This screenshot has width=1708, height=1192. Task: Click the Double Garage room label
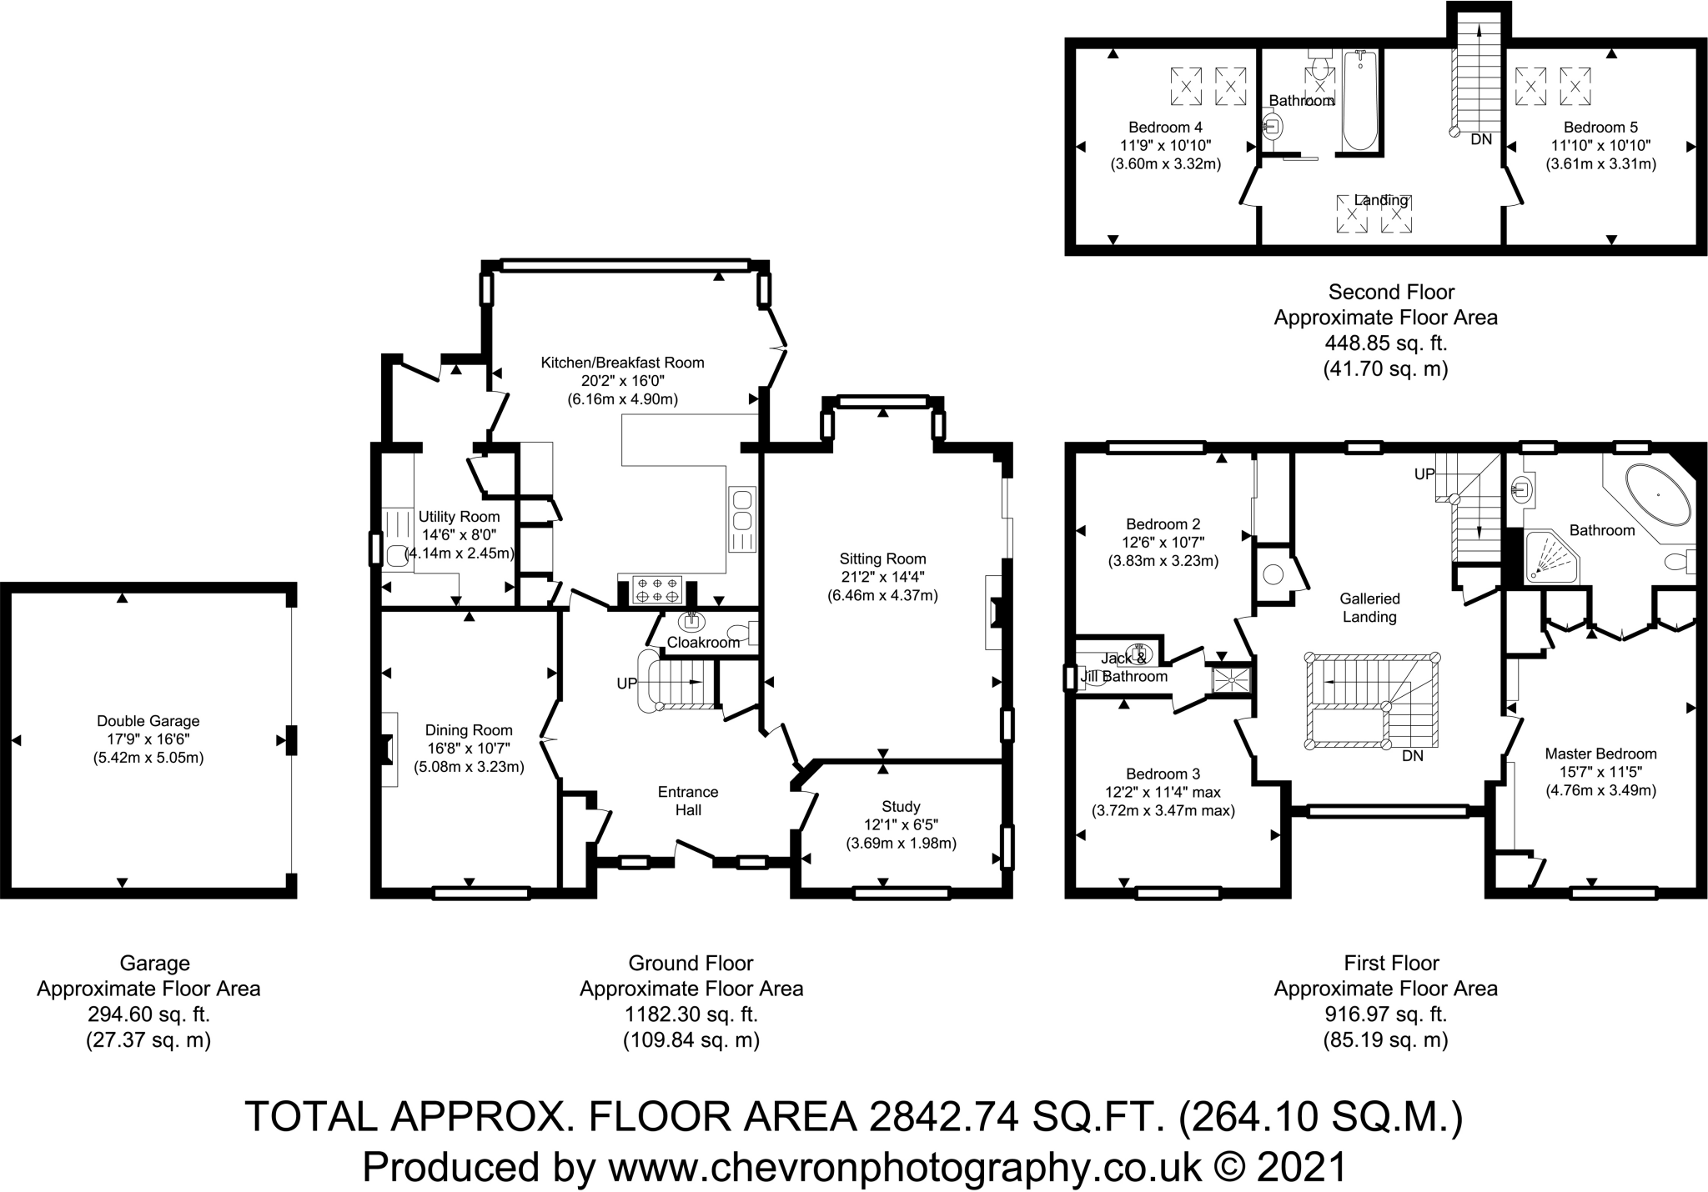pyautogui.click(x=148, y=721)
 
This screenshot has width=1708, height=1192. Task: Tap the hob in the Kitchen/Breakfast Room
pyautogui.click(x=659, y=590)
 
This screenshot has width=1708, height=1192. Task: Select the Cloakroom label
pyautogui.click(x=703, y=643)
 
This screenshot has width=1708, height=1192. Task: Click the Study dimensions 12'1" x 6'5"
pyautogui.click(x=901, y=824)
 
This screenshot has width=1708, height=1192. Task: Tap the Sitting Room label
pyautogui.click(x=882, y=558)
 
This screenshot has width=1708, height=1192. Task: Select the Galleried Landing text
pyautogui.click(x=1369, y=608)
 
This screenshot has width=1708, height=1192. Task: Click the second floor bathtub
pyautogui.click(x=1359, y=100)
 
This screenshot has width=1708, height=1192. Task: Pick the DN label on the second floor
pyautogui.click(x=1481, y=139)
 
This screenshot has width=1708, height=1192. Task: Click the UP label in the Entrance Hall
pyautogui.click(x=626, y=684)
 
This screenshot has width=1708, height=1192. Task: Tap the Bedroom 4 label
pyautogui.click(x=1165, y=128)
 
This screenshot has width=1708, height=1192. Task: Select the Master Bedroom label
pyautogui.click(x=1600, y=754)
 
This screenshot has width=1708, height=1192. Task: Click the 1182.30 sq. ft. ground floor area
pyautogui.click(x=691, y=1014)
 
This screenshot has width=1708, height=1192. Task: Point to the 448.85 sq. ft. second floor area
pyautogui.click(x=1385, y=343)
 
